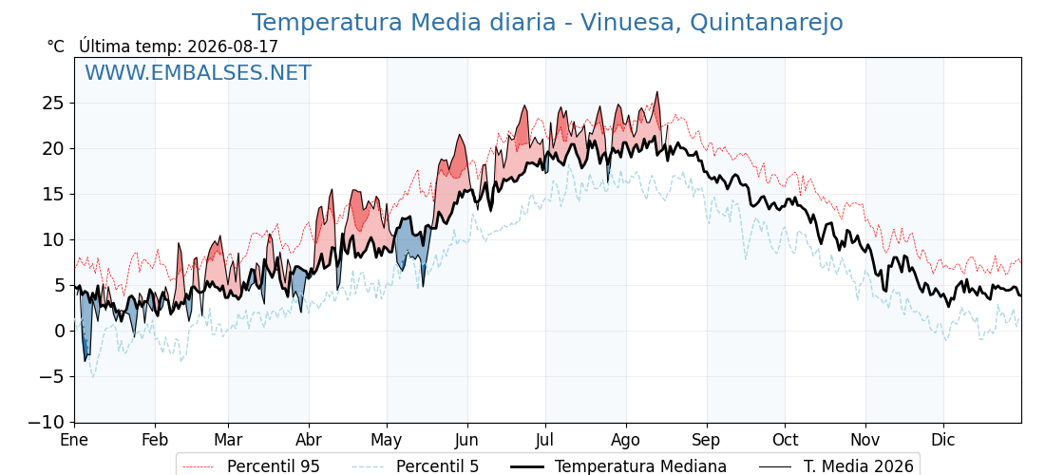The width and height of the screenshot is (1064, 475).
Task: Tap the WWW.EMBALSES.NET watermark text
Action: point(199,72)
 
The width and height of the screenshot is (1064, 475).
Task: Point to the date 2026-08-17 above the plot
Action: point(233,47)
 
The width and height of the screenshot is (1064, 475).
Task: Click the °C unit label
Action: point(56,47)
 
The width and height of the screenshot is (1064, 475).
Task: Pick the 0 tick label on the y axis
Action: point(59,332)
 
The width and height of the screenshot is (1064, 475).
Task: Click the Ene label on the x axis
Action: point(74,441)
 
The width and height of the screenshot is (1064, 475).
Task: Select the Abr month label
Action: point(309,441)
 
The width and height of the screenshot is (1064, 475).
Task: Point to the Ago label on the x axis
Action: point(626,441)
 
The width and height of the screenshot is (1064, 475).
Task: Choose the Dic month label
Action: point(943,441)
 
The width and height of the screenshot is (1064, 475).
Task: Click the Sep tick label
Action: point(707,441)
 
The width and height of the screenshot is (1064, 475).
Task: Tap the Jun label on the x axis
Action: point(466,441)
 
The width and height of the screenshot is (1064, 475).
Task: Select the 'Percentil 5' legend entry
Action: point(415,466)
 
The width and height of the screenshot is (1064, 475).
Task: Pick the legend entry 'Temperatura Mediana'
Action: point(617,466)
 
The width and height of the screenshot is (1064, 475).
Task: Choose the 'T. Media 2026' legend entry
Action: point(837,466)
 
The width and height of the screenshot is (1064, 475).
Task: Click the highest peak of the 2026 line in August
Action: point(656,92)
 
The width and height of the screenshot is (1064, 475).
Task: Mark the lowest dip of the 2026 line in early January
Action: point(85,360)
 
